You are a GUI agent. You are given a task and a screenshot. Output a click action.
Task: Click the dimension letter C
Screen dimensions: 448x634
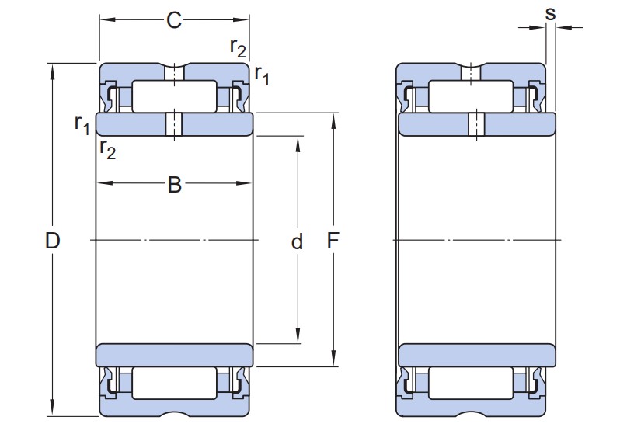point(174,21)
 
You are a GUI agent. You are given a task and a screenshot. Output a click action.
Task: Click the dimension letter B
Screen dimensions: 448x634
point(175,185)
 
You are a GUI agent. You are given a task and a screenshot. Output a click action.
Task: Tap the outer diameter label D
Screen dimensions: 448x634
point(52,241)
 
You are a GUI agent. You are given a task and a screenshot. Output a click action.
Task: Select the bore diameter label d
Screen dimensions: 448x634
point(297,242)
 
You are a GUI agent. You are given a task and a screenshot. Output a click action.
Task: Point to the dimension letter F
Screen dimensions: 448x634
point(333,241)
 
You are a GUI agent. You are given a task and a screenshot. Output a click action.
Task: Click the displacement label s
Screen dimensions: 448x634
point(551,12)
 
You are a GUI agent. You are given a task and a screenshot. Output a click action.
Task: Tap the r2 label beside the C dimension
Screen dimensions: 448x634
point(238,48)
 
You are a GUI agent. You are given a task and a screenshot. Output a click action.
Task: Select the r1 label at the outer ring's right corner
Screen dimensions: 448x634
point(262,75)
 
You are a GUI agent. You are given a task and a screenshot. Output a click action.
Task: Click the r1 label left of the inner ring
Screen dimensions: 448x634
point(82,123)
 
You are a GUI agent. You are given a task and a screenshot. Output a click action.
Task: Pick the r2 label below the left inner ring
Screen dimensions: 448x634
point(107,149)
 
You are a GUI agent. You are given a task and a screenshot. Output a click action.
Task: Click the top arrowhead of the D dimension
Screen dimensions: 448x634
point(53,69)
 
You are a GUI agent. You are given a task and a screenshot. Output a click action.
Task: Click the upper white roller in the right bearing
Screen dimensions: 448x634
point(471,96)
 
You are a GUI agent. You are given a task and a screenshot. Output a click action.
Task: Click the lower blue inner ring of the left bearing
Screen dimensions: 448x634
point(175,354)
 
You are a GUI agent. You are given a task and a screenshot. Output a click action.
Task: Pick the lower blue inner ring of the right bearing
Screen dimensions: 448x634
point(476,354)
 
